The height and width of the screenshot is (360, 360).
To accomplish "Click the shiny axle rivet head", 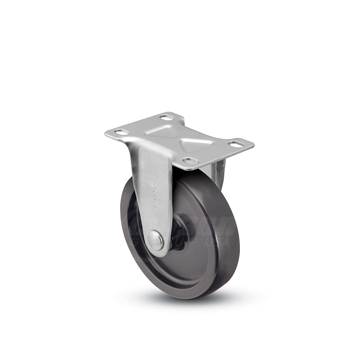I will [155, 240].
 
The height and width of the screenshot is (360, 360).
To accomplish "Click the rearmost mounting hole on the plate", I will [166, 118].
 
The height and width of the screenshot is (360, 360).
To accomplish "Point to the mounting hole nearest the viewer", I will [190, 161].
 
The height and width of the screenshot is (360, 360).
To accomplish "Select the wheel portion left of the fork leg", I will [130, 224].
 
